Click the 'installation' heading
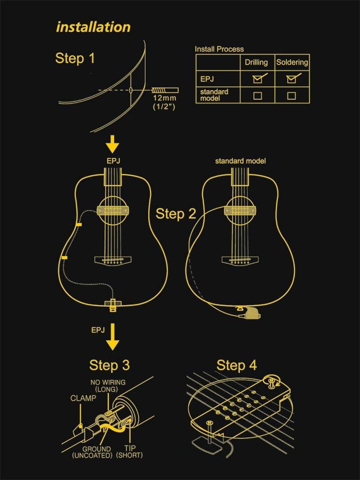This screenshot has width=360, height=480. [x=93, y=27]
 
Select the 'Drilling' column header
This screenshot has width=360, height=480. [x=256, y=62]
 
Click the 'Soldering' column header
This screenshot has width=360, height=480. [x=292, y=62]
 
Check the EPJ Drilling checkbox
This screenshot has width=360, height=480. [x=257, y=79]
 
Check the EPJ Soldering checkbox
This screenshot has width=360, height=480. [x=291, y=79]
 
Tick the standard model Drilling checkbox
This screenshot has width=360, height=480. [x=257, y=96]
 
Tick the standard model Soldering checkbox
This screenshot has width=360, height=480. [x=291, y=96]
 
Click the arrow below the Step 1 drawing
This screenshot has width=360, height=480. [x=113, y=144]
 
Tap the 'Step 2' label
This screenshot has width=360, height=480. [x=176, y=214]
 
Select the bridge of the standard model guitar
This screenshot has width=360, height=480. [x=241, y=260]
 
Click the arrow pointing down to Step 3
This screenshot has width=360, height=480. [x=113, y=339]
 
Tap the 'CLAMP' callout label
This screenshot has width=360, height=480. [x=83, y=398]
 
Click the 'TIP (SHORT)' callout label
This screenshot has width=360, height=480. [x=130, y=452]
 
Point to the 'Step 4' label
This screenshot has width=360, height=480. [x=236, y=365]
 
